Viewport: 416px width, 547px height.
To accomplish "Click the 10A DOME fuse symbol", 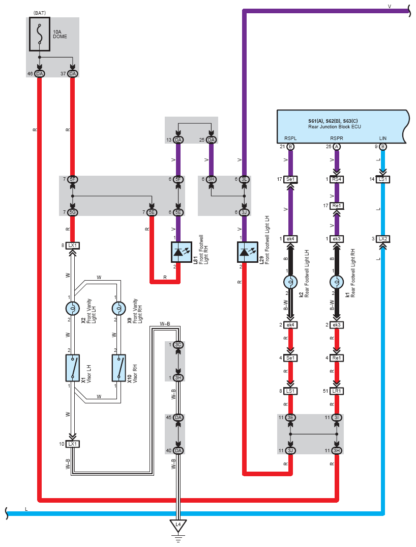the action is [x=39, y=34].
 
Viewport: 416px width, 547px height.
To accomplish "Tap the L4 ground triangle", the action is [x=178, y=526].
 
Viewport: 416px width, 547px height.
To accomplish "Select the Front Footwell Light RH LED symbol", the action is [x=182, y=252].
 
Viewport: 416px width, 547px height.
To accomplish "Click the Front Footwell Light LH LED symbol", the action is [x=247, y=252].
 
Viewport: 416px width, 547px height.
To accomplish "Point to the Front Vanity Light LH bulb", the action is [x=72, y=308].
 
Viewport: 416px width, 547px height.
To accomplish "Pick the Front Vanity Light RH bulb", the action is [x=119, y=308].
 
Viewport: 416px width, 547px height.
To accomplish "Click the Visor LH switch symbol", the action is [x=72, y=368].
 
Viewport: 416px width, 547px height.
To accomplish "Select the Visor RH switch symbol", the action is [x=119, y=368].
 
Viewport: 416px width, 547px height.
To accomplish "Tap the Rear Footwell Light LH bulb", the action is [x=290, y=282].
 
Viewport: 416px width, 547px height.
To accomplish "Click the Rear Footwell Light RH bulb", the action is [x=337, y=282].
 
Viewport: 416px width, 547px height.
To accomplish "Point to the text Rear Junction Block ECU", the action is [x=335, y=127].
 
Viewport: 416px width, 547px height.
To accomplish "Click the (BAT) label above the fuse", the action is [x=40, y=13].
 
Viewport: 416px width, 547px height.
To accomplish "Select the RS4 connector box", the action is [x=337, y=179].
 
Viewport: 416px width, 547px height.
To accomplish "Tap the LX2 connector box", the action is [x=383, y=239].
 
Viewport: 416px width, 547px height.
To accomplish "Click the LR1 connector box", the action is [x=337, y=391].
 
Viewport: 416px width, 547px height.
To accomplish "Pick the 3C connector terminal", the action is [x=178, y=345].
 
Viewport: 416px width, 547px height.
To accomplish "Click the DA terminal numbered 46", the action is [x=40, y=74].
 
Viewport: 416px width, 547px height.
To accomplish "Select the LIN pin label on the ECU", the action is [x=383, y=138].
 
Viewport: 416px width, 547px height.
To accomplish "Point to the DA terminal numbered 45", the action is [x=178, y=418].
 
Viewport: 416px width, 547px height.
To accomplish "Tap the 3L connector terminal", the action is [x=244, y=179].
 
